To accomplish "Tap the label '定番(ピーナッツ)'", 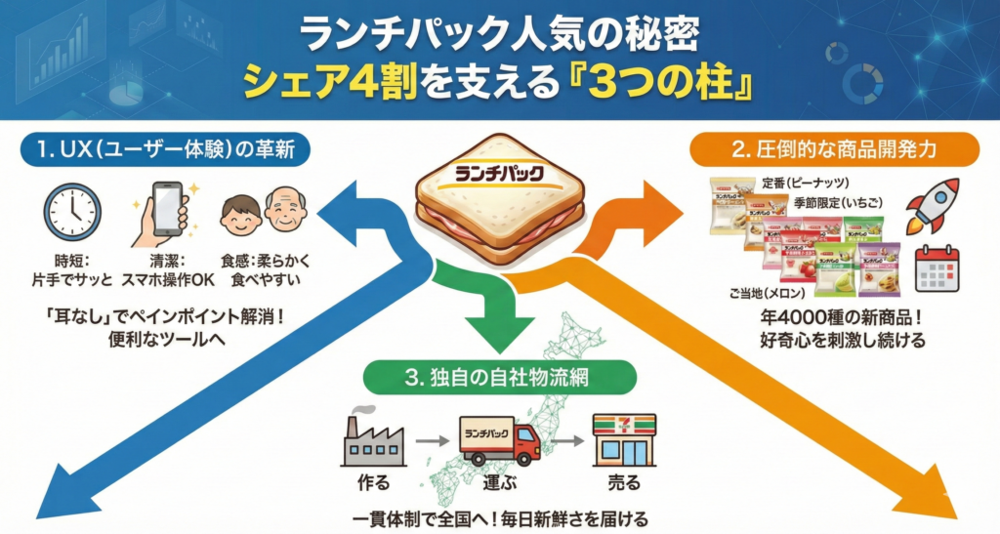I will click(x=806, y=183).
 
